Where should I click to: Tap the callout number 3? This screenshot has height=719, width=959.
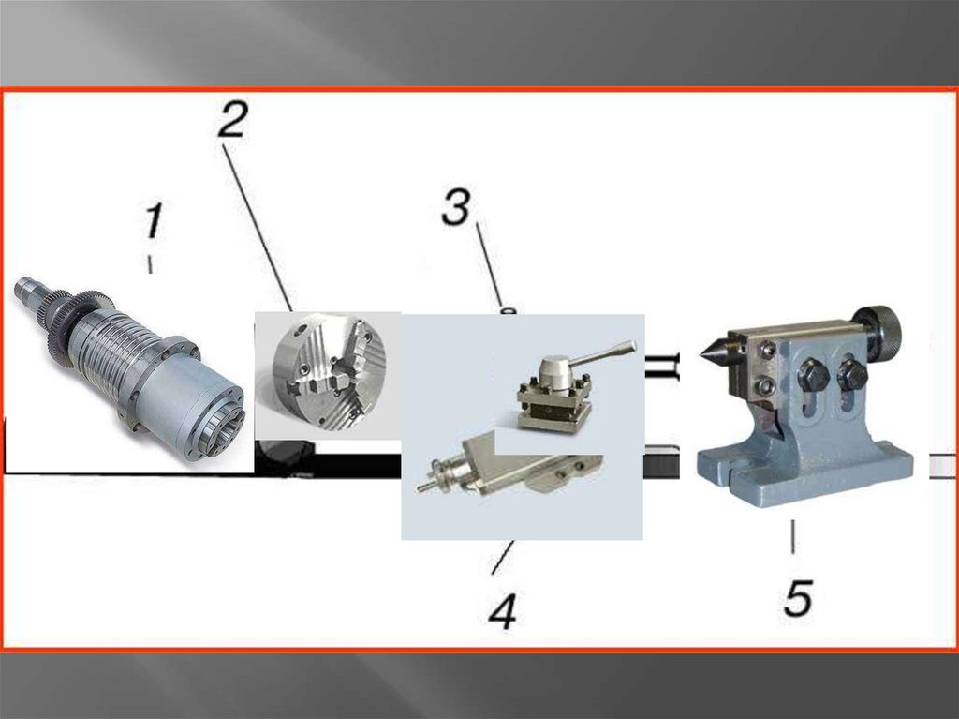coord(456,206)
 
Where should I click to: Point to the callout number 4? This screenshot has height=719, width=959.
coord(503,609)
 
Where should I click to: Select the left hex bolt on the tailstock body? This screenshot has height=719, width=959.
coord(813,374)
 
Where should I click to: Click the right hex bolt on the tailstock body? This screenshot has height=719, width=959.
coord(852,374)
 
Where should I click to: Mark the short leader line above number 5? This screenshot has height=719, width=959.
coord(793,537)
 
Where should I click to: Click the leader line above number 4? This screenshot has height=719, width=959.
coord(503,558)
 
